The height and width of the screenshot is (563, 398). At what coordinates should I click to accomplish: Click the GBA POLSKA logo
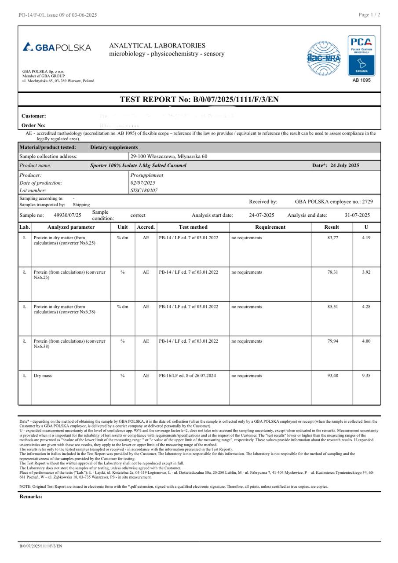pyautogui.click(x=57, y=48)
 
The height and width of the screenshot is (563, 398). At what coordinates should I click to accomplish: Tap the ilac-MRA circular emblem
pyautogui.click(x=324, y=58)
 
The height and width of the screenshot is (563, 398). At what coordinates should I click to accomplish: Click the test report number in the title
pyautogui.click(x=236, y=99)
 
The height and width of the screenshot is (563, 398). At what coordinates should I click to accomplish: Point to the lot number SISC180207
pyautogui.click(x=144, y=191)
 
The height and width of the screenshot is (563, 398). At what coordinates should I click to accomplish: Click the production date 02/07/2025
pyautogui.click(x=143, y=183)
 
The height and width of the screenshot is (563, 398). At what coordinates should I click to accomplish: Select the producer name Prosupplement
pyautogui.click(x=146, y=175)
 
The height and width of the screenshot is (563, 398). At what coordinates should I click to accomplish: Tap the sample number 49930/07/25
pyautogui.click(x=67, y=216)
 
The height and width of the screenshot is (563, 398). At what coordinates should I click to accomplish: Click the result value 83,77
pyautogui.click(x=332, y=238)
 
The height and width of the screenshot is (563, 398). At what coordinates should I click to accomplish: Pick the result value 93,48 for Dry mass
pyautogui.click(x=332, y=376)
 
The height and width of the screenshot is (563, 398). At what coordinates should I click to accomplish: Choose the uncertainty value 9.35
pyautogui.click(x=366, y=376)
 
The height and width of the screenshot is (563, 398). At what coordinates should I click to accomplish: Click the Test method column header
pyautogui.click(x=193, y=227)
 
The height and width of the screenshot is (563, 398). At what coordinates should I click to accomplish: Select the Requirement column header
pyautogui.click(x=270, y=227)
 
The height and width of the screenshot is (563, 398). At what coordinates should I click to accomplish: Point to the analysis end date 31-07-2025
pyautogui.click(x=357, y=216)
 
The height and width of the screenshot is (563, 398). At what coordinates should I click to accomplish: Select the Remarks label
pyautogui.click(x=31, y=497)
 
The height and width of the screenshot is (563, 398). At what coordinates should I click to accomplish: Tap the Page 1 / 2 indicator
pyautogui.click(x=369, y=15)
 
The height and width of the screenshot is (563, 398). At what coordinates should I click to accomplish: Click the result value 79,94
pyautogui.click(x=332, y=341)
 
